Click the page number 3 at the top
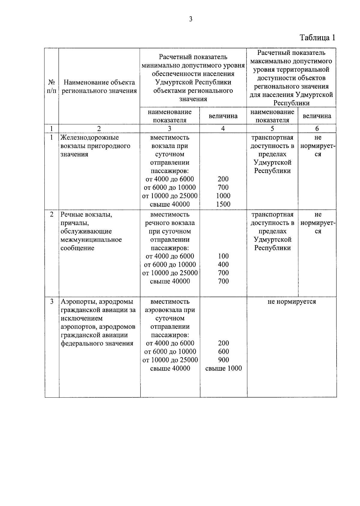click(191, 20)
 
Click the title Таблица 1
click(317, 38)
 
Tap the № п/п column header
click(52, 86)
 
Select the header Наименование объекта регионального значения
click(99, 86)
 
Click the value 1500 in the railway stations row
click(223, 204)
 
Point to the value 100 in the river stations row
click(223, 256)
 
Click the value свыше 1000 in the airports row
click(223, 369)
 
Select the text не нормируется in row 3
click(292, 302)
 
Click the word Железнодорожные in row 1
click(90, 138)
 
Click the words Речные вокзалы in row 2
click(86, 215)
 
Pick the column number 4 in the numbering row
click(223, 129)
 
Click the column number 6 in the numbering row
click(317, 129)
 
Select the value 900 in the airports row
click(223, 360)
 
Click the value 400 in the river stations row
click(223, 264)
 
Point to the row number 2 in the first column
click(52, 215)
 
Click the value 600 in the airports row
click(223, 352)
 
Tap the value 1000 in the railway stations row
click(223, 196)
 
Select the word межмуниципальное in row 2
click(91, 240)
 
